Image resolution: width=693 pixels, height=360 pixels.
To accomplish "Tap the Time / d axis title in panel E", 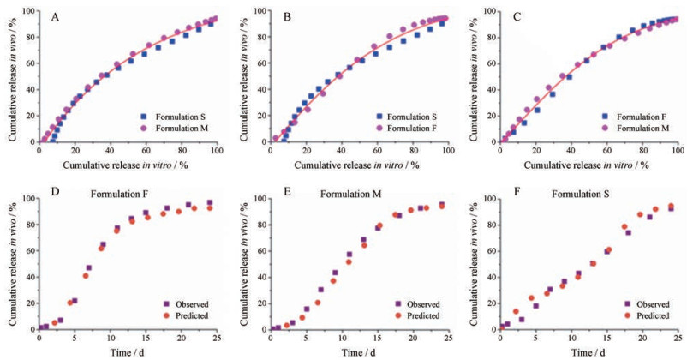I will coord(358,352).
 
